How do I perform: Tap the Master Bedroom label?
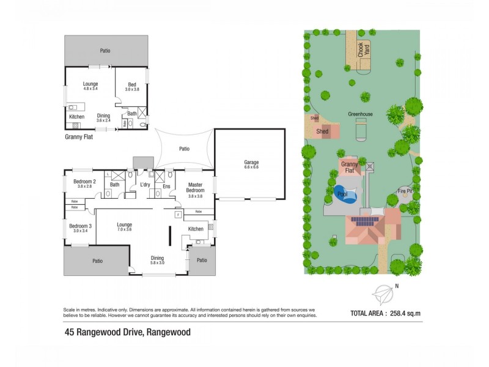[x=196, y=188]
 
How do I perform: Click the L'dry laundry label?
[x=145, y=185]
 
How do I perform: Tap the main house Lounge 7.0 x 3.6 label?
[x=125, y=225]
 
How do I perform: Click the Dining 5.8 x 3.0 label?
[x=157, y=258]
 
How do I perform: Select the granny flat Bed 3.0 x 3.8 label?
[x=132, y=85]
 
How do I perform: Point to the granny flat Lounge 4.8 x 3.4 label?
[x=90, y=85]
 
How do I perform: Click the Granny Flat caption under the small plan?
[x=78, y=138]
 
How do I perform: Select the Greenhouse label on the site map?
[x=361, y=114]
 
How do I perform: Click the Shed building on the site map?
[x=323, y=131]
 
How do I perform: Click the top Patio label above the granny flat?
[x=106, y=51]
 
